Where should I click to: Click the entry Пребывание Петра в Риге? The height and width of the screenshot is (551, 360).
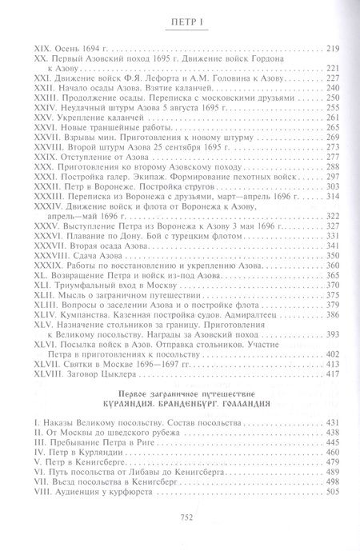(93, 465)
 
